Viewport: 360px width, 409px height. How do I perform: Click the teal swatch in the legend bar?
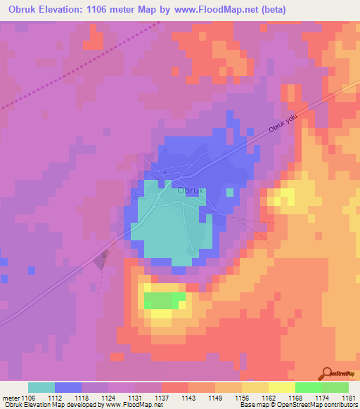41,387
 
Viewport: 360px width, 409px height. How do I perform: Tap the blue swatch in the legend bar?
68,387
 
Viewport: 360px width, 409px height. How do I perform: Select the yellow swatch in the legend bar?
282,387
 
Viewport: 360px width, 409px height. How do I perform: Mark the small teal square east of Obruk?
230,192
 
